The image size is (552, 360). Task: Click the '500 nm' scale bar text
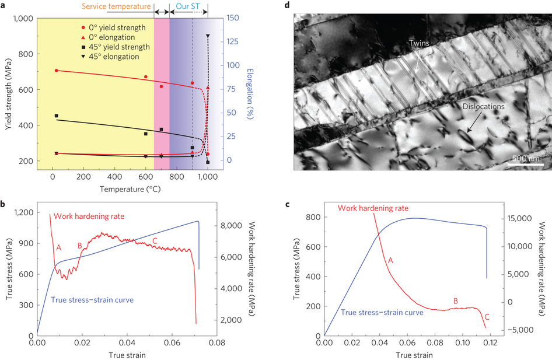point(522,159)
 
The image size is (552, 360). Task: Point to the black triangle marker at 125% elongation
point(208,36)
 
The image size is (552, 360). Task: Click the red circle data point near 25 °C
point(57,71)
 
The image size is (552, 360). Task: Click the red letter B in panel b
point(79,246)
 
